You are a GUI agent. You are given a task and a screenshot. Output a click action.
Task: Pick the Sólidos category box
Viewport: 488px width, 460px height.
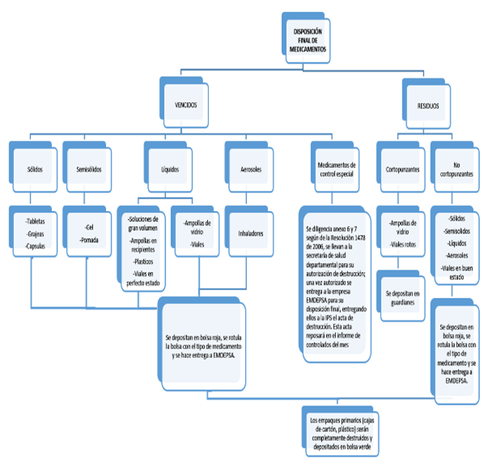(35, 169)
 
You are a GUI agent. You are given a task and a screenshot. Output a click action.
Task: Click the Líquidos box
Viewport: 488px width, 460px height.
(169, 169)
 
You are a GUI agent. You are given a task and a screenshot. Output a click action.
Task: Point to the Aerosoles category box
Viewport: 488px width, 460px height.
(250, 169)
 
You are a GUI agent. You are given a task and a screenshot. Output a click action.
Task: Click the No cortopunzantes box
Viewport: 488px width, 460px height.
(456, 169)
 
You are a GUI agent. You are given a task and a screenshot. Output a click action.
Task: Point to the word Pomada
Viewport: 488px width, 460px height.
(89, 241)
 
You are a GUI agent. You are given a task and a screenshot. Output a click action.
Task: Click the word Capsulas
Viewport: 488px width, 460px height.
(36, 245)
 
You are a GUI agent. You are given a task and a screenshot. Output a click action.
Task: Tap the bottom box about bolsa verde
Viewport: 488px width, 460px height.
(338, 433)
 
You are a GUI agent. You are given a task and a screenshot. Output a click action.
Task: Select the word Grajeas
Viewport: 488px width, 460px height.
(36, 232)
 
